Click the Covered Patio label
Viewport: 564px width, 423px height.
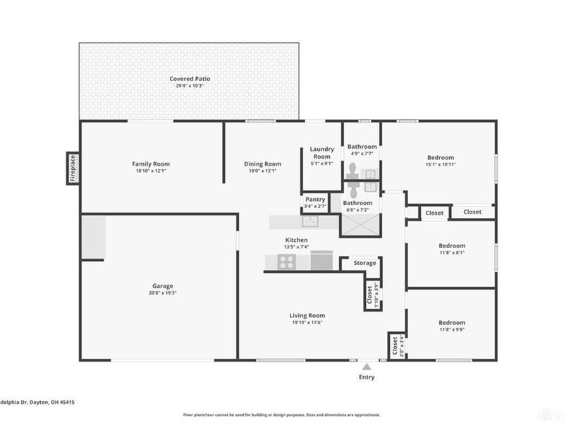click(x=190, y=78)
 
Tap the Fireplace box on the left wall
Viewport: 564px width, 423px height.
click(x=72, y=168)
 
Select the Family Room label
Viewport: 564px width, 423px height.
click(x=151, y=164)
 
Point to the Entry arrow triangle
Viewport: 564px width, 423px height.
click(x=366, y=366)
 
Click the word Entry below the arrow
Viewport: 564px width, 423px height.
click(x=366, y=377)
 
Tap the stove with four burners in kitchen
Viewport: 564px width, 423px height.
click(x=287, y=262)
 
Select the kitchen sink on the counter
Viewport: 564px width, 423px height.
click(x=310, y=221)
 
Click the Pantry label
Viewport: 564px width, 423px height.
click(x=315, y=200)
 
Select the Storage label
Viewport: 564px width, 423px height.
click(x=364, y=263)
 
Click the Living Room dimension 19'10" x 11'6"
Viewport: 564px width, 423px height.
click(x=307, y=322)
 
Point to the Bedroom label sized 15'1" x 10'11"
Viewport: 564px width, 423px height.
click(x=441, y=157)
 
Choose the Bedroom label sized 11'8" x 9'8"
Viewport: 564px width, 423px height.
click(x=452, y=322)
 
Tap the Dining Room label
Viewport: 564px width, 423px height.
click(x=262, y=164)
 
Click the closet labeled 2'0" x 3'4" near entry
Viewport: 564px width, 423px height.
click(x=395, y=346)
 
